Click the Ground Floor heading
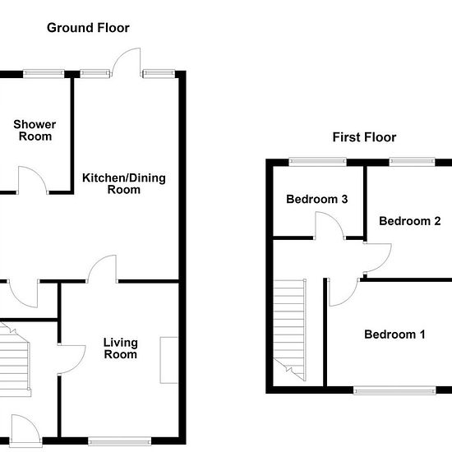click(88, 28)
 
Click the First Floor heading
click(364, 137)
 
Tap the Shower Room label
click(35, 131)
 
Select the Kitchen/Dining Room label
click(124, 184)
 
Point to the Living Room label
click(121, 348)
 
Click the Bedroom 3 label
click(316, 199)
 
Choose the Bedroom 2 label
click(409, 221)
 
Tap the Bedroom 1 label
click(394, 334)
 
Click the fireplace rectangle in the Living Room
click(168, 360)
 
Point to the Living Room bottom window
click(120, 441)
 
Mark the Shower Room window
click(44, 74)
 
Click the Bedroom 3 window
click(318, 162)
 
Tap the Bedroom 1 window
click(394, 390)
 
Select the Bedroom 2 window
click(412, 162)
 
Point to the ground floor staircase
click(15, 359)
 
